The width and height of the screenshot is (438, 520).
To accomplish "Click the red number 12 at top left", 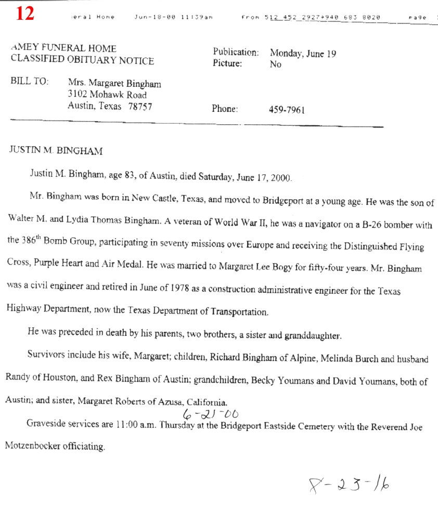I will pos(25,13).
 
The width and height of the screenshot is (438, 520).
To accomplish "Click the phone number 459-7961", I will pos(287,110).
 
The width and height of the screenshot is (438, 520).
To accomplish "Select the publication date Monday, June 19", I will pos(303,54).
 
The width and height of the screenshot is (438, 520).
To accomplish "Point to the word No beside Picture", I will pos(275,65).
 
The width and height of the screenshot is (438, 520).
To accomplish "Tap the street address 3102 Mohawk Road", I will pos(107,95).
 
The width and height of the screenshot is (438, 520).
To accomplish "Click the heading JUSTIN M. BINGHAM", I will pos(56,151).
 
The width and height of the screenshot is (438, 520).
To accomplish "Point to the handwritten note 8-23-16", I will pos(348,484).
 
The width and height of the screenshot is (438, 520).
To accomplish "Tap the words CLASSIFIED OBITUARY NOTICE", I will pos(82,60).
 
